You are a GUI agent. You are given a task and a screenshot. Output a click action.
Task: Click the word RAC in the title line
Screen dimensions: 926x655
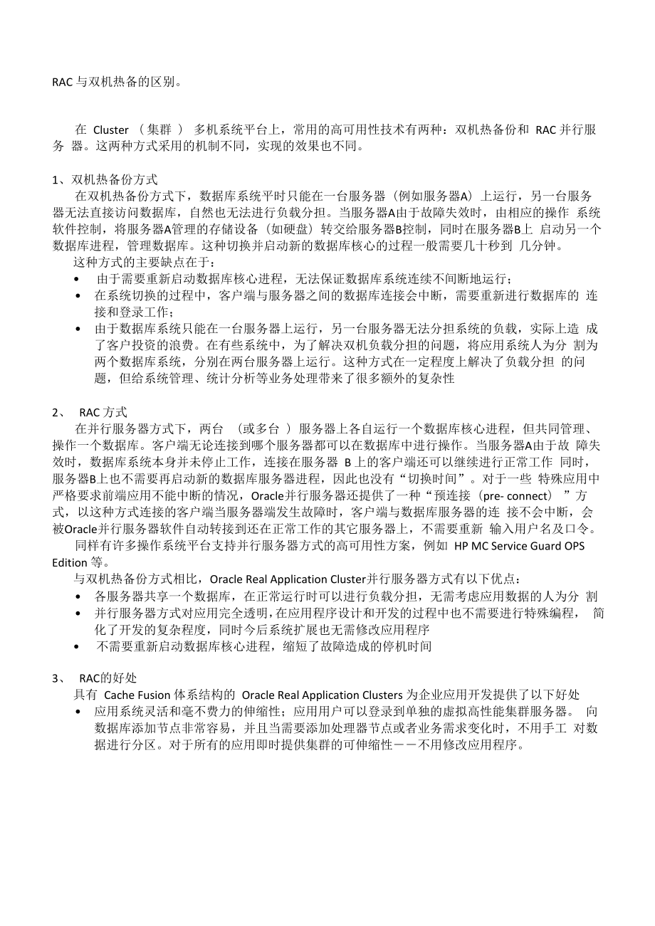tap(62, 81)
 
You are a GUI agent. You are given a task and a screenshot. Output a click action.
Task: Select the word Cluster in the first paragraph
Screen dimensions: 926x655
tap(111, 130)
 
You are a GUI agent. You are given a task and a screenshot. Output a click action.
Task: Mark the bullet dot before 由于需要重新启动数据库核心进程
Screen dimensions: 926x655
tap(77, 279)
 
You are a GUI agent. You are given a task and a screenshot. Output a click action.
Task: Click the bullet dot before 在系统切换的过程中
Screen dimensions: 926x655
tap(77, 295)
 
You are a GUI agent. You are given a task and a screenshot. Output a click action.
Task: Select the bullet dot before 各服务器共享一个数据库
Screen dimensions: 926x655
tap(77, 595)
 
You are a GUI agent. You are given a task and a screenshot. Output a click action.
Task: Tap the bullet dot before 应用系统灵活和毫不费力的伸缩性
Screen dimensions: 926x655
tap(77, 712)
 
